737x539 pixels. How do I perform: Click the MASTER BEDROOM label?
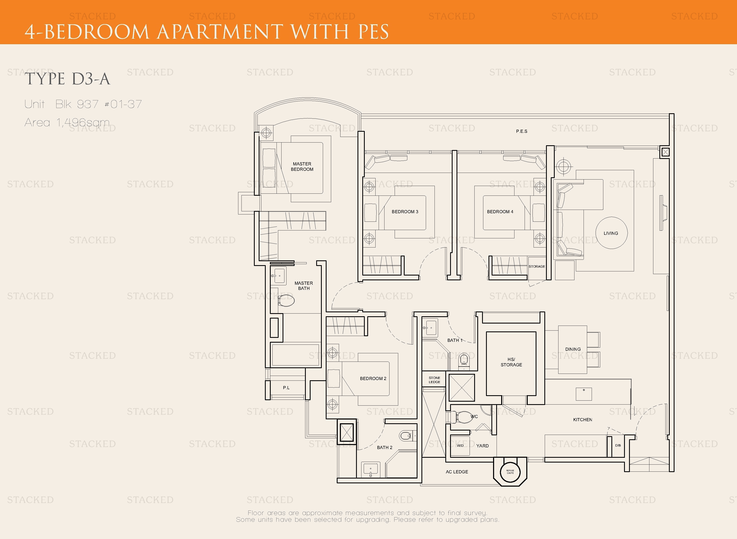(302, 166)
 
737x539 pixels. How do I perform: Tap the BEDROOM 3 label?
(405, 212)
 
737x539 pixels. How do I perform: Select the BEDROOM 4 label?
(500, 212)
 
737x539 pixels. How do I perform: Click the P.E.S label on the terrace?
(522, 131)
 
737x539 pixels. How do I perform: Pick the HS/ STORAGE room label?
(511, 362)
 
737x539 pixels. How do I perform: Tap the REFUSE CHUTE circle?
(510, 472)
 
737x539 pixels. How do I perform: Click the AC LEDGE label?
(457, 472)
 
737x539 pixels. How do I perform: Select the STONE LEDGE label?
(434, 380)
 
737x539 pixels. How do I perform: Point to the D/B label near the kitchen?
(618, 445)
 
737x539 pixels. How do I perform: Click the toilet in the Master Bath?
(286, 300)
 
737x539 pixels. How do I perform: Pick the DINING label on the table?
(573, 349)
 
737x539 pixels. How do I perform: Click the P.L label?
(286, 388)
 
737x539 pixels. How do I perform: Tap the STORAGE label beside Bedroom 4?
(536, 267)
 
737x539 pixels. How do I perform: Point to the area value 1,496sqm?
(83, 122)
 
